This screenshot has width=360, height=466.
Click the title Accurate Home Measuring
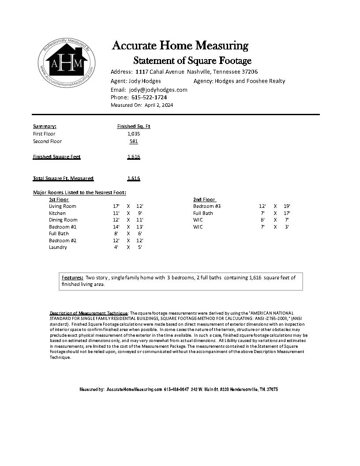180,45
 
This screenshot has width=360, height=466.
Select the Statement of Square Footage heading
192,60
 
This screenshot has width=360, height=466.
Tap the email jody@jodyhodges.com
158,90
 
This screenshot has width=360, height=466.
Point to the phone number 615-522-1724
149,97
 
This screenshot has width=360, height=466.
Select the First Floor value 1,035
134,134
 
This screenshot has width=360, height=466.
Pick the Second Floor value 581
134,141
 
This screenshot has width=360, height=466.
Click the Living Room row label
62,206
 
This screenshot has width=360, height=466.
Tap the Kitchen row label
57,213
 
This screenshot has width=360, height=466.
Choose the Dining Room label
63,220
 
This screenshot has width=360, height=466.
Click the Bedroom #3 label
207,206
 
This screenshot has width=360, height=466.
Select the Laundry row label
58,247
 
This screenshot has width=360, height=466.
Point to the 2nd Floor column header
204,199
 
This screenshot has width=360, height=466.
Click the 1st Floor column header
59,199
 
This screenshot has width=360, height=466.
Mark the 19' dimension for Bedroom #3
287,206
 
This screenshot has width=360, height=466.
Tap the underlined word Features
72,278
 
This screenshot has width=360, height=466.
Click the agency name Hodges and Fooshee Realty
250,81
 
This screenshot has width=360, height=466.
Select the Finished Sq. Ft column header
134,126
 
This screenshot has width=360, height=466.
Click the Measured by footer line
179,390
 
